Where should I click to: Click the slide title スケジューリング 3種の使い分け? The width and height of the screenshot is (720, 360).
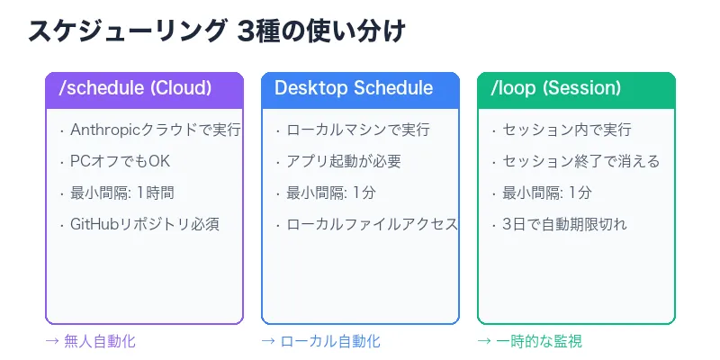[217, 31]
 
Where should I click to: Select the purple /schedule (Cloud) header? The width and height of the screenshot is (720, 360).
[144, 88]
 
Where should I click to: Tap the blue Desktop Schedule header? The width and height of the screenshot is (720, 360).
[360, 88]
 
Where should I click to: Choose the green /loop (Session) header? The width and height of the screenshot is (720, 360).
[576, 88]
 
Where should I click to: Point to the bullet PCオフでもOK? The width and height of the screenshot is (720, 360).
[120, 161]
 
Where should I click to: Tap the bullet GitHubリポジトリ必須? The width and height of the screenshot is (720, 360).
[144, 224]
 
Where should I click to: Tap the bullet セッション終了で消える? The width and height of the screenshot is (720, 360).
[580, 161]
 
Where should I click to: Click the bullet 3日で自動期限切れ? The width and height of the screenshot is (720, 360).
[564, 224]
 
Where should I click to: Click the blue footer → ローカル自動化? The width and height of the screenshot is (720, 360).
[320, 341]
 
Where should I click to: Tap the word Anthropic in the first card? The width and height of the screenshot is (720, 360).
[101, 130]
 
